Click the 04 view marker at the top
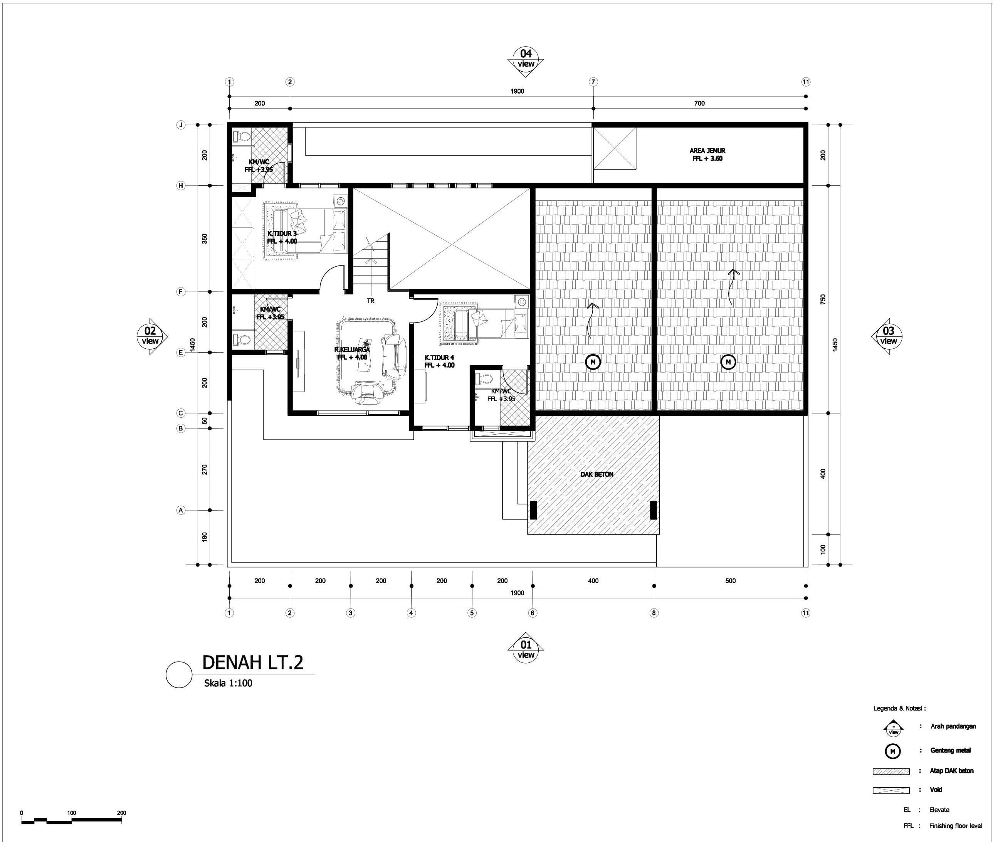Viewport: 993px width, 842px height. point(525,59)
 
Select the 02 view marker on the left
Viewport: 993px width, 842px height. point(150,336)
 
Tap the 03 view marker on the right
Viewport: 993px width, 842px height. point(888,336)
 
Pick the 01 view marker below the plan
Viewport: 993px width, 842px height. point(525,650)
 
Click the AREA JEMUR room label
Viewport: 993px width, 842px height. point(707,154)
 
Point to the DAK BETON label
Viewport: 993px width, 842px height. point(596,474)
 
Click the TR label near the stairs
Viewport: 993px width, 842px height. point(371,301)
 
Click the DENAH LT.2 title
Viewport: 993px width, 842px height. point(252,662)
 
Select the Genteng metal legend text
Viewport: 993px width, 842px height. point(950,750)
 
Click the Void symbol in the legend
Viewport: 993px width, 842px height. point(891,790)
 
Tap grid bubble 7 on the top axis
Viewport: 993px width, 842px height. point(593,82)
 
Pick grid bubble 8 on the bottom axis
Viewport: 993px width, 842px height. point(654,613)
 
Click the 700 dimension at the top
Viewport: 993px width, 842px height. point(699,103)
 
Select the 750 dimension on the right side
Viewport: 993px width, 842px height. point(823,299)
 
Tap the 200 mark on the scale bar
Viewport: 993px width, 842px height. point(121,812)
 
